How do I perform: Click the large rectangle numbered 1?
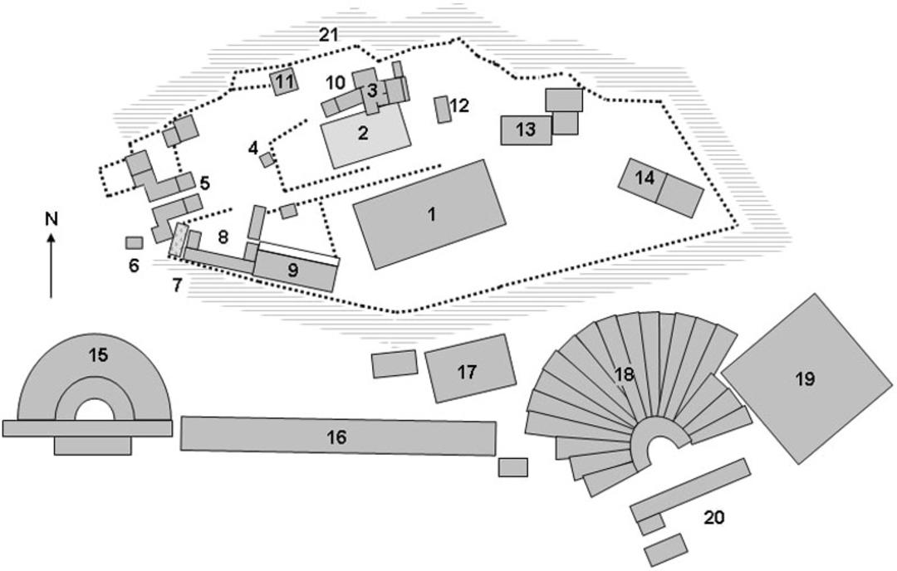pyautogui.click(x=429, y=214)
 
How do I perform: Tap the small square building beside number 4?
pyautogui.click(x=267, y=160)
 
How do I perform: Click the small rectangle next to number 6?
pyautogui.click(x=134, y=243)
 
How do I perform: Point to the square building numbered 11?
pyautogui.click(x=284, y=81)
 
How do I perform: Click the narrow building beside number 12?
pyautogui.click(x=442, y=110)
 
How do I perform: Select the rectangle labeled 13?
pyautogui.click(x=527, y=129)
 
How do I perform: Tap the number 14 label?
pyautogui.click(x=645, y=178)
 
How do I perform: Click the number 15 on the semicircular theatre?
pyautogui.click(x=98, y=355)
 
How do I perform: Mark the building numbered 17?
pyautogui.click(x=470, y=368)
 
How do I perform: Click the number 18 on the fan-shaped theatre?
pyautogui.click(x=624, y=374)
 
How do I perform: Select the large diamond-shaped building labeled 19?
pyautogui.click(x=806, y=378)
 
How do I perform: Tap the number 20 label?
pyautogui.click(x=714, y=517)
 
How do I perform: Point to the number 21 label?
pyautogui.click(x=328, y=36)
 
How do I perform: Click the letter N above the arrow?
pyautogui.click(x=52, y=218)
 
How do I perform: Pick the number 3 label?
pyautogui.click(x=372, y=90)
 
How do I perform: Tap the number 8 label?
pyautogui.click(x=223, y=236)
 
